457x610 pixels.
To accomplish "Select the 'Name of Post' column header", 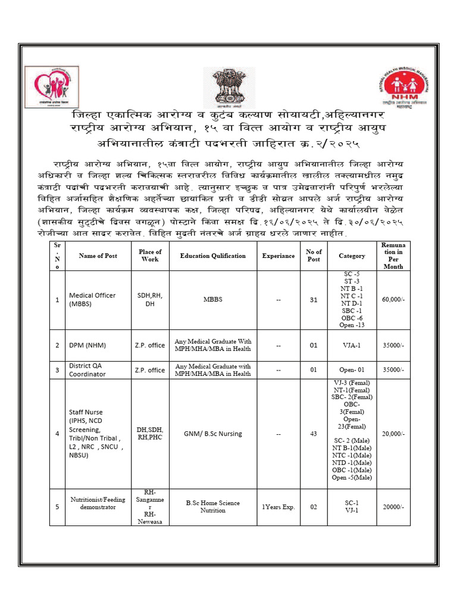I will [98, 256].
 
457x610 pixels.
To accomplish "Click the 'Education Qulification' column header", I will [212, 256].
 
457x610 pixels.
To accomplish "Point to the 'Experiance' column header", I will [278, 256].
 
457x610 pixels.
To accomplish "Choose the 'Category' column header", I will [352, 256].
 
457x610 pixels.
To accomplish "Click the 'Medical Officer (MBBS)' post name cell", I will [92, 299].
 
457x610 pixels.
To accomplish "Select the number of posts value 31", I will [314, 300].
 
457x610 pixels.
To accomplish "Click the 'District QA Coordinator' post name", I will [95, 370].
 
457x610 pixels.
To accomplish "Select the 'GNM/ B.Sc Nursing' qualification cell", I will [212, 434].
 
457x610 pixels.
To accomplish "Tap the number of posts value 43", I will [314, 434].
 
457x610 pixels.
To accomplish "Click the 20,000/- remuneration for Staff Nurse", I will [393, 434].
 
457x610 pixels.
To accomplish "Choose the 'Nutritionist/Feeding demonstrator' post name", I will [98, 503].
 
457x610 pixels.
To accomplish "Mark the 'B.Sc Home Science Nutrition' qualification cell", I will [212, 507].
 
